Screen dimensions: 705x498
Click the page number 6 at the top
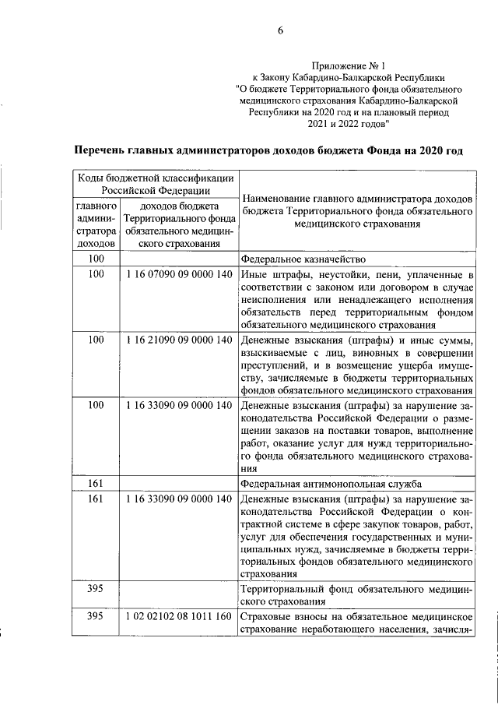[279, 31]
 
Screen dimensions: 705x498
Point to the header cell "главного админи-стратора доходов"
[96, 224]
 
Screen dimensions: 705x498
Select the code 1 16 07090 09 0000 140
[178, 275]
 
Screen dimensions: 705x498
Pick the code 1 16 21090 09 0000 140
[178, 340]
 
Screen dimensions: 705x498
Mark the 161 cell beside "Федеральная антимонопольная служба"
[96, 485]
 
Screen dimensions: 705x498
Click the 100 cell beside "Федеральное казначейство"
[96, 259]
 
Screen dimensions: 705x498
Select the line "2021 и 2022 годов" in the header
[348, 123]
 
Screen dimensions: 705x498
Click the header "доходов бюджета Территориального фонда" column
[178, 224]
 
